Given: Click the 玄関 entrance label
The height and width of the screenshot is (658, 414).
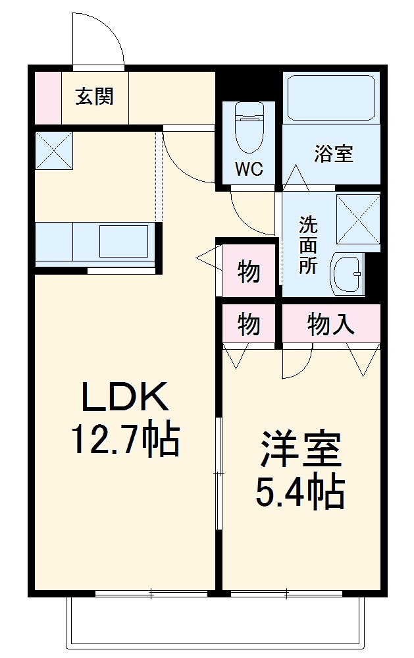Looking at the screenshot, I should [95, 97].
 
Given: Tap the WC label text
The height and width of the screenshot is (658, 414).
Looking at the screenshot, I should [249, 169].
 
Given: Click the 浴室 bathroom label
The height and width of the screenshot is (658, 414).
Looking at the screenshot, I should [333, 153].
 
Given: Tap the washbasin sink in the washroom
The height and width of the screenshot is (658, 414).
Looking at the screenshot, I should [347, 273].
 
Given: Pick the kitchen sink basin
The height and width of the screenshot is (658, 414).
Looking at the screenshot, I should [126, 241].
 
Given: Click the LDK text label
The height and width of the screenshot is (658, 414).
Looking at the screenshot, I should [124, 398].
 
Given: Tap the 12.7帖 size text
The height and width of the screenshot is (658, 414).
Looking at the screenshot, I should [124, 440].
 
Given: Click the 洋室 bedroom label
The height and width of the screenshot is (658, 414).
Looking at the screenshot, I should [301, 449].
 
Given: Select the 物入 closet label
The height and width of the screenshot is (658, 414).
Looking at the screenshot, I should [331, 324].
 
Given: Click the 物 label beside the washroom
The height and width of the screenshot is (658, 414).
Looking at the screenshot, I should [247, 271].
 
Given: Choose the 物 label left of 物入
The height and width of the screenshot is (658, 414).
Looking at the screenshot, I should [247, 324].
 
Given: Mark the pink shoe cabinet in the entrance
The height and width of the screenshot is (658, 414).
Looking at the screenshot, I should [47, 97].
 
